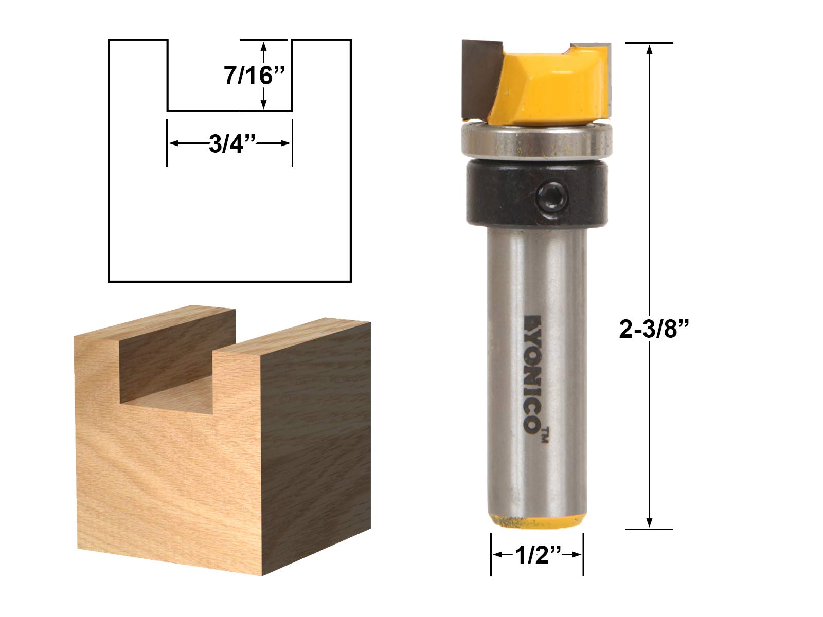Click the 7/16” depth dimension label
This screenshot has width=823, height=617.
255,76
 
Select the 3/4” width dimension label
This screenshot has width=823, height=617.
232,144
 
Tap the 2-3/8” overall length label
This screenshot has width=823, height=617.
654,329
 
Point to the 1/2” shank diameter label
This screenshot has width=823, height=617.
538,555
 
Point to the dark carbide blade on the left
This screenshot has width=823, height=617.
480,79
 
